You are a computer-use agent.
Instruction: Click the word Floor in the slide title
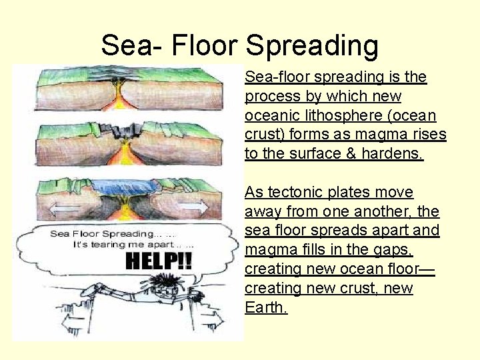(x=204, y=45)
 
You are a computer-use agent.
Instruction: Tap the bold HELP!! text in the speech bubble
(x=158, y=261)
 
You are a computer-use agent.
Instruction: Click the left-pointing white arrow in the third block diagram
(x=57, y=208)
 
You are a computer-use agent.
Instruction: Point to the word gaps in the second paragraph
(x=395, y=250)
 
